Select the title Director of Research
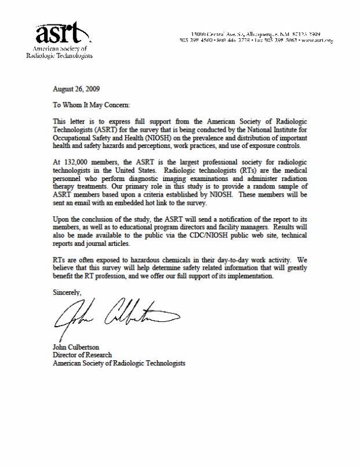pyautogui.click(x=82, y=355)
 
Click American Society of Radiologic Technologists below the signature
pyautogui.click(x=119, y=363)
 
